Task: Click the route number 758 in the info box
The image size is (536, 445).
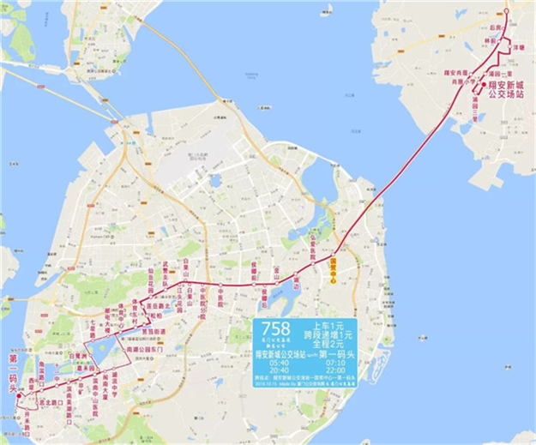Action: click(274, 328)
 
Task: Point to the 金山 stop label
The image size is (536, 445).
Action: click(276, 270)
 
